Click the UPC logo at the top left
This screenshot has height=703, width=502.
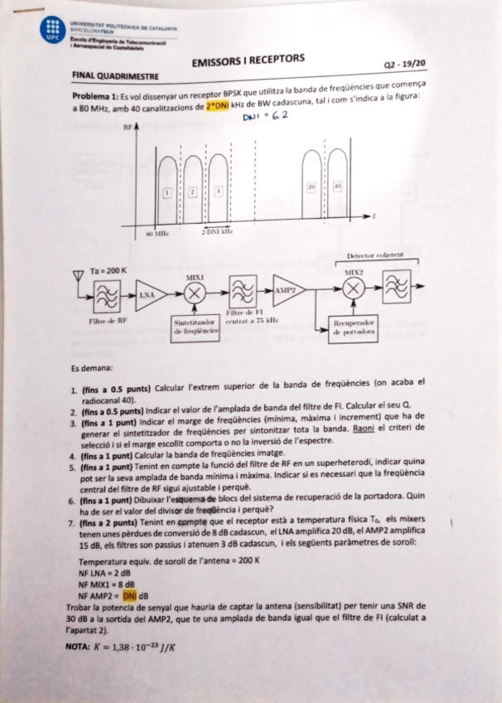click(x=54, y=30)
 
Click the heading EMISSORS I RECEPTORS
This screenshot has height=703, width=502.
click(x=248, y=60)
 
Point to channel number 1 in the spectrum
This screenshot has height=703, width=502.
click(x=167, y=192)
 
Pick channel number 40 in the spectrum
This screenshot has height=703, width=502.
click(x=337, y=188)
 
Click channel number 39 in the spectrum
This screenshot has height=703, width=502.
click(x=311, y=188)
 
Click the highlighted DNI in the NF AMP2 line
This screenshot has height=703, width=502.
click(x=128, y=595)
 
